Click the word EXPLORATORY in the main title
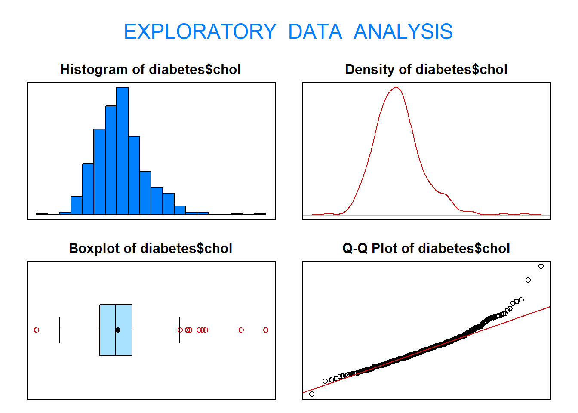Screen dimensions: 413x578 (x=200, y=32)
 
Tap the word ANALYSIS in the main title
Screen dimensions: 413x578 (x=403, y=32)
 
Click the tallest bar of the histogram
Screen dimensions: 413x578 (x=123, y=151)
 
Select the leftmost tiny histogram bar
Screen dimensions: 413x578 (x=42, y=214)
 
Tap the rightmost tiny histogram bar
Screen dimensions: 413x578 (x=260, y=214)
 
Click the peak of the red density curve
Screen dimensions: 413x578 (x=397, y=88)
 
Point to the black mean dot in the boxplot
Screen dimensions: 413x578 (x=118, y=330)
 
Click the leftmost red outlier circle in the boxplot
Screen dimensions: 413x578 (x=37, y=330)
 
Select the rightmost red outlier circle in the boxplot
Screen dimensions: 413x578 (x=266, y=330)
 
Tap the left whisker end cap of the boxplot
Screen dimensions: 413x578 (x=60, y=330)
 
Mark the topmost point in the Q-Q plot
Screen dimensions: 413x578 (x=541, y=266)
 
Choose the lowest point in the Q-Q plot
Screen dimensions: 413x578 (x=312, y=394)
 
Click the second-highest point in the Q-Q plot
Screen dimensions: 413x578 (x=528, y=280)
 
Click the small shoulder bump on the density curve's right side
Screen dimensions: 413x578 (x=443, y=193)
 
